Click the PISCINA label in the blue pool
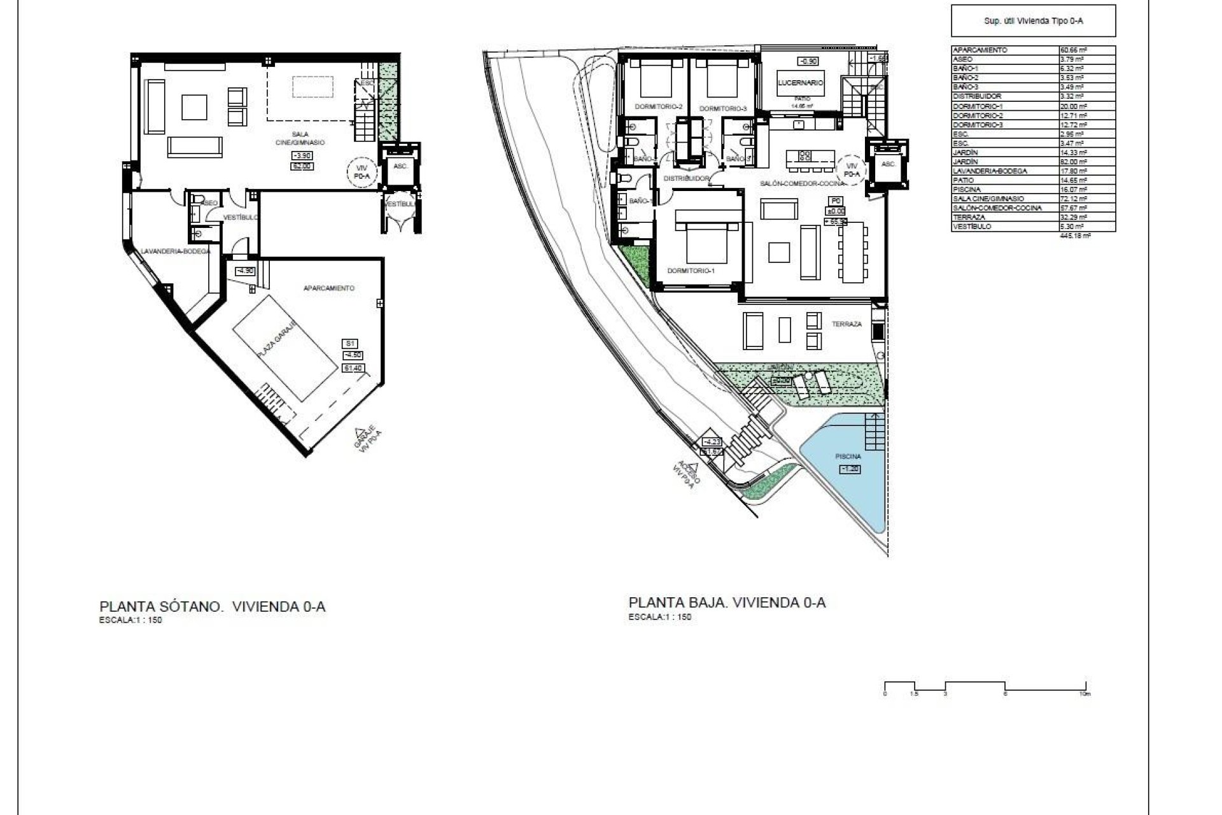[848, 457]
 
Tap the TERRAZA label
[846, 324]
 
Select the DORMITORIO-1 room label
[691, 271]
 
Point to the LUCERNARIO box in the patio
[800, 83]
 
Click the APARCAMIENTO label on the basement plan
[328, 288]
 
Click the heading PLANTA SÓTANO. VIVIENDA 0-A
[212, 606]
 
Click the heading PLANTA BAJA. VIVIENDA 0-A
[727, 602]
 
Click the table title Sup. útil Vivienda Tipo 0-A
[1033, 21]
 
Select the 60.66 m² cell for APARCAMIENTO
[1072, 50]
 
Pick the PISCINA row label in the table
[971, 189]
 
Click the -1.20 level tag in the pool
[850, 469]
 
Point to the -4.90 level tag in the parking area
[245, 271]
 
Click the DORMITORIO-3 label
[723, 109]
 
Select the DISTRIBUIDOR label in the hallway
[686, 179]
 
